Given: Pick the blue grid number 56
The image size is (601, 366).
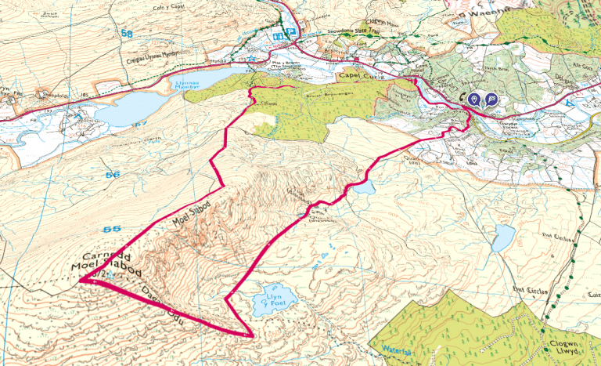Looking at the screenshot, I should tap(113, 174).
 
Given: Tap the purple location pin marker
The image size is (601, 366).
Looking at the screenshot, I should tap(474, 100).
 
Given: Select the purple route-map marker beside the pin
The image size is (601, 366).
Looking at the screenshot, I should tap(491, 100).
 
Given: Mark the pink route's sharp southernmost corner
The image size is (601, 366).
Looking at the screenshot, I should tap(252, 336).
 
